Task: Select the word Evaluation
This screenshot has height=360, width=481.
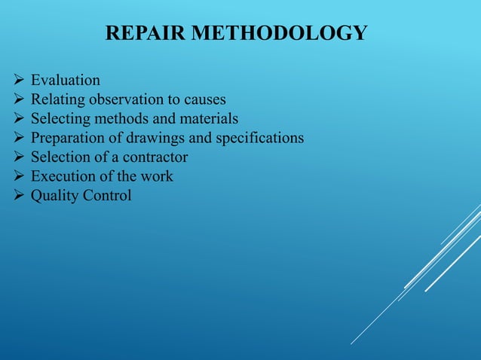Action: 65,79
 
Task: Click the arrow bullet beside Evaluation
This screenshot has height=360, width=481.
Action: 20,79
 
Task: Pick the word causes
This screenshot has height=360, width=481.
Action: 204,99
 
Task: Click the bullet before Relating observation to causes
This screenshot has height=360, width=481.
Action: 20,99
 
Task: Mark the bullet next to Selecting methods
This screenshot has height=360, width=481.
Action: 20,118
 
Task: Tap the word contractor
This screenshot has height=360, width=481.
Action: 155,157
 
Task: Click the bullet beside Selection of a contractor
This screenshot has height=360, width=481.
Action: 20,157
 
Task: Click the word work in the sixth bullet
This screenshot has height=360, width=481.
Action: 158,177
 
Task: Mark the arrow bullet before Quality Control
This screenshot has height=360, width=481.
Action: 20,197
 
